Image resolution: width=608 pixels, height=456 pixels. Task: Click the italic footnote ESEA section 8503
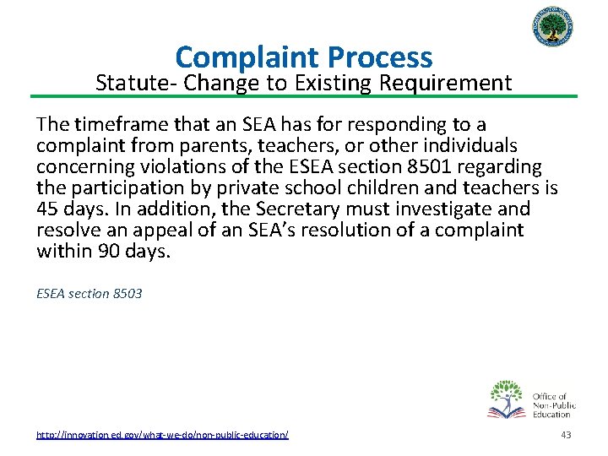click(90, 294)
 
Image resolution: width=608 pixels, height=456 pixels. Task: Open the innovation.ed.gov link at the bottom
click(162, 434)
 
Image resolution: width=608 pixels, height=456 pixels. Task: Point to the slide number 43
click(566, 434)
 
